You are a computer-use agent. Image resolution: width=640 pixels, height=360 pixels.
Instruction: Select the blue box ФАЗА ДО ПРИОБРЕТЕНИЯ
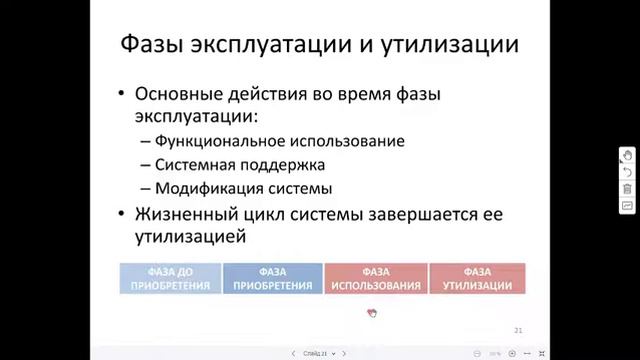pos(170,278)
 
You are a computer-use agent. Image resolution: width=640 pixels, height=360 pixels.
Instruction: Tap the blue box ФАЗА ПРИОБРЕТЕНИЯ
pos(272,278)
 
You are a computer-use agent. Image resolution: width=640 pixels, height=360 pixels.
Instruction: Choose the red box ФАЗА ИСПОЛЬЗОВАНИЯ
pos(376,278)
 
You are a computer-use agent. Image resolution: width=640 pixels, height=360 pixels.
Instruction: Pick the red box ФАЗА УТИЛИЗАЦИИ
pos(477,278)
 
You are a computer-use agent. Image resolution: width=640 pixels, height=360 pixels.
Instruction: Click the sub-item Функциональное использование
pos(279,141)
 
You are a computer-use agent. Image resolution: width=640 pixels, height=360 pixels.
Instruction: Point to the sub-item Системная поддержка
pos(240,164)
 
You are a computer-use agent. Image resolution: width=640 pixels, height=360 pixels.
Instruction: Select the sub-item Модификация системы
pos(243,187)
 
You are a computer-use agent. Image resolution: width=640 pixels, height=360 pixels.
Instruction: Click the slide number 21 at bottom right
pos(517,328)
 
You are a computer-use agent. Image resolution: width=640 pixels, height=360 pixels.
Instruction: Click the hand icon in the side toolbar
pos(627,155)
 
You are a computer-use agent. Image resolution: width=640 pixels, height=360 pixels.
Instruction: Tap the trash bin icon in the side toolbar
pos(627,189)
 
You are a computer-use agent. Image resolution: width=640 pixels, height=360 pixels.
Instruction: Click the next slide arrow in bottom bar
pos(345,353)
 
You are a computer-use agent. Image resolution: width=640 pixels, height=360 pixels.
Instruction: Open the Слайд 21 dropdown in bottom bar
pos(319,353)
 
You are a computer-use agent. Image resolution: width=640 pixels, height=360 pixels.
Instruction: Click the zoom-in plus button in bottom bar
pos(512,353)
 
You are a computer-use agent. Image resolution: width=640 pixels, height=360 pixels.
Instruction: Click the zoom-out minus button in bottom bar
pos(477,353)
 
